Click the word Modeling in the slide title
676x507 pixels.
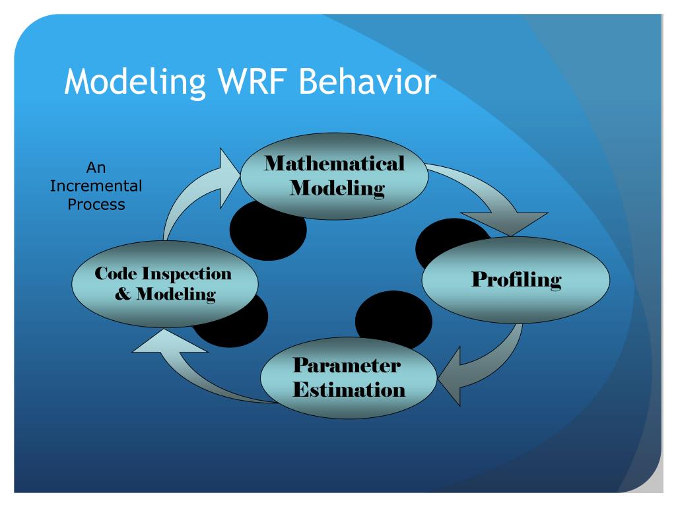click(x=135, y=83)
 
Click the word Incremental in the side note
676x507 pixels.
click(x=96, y=186)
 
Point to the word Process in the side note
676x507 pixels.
click(x=96, y=205)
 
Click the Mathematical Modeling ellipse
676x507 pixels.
click(x=334, y=176)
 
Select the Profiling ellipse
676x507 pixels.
click(x=516, y=280)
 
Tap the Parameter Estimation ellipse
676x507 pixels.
click(x=349, y=378)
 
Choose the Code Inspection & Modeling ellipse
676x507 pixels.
click(x=164, y=284)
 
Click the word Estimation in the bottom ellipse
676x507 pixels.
click(x=349, y=389)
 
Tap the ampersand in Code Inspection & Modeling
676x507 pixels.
click(x=122, y=294)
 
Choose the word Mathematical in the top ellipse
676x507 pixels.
click(x=335, y=164)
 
